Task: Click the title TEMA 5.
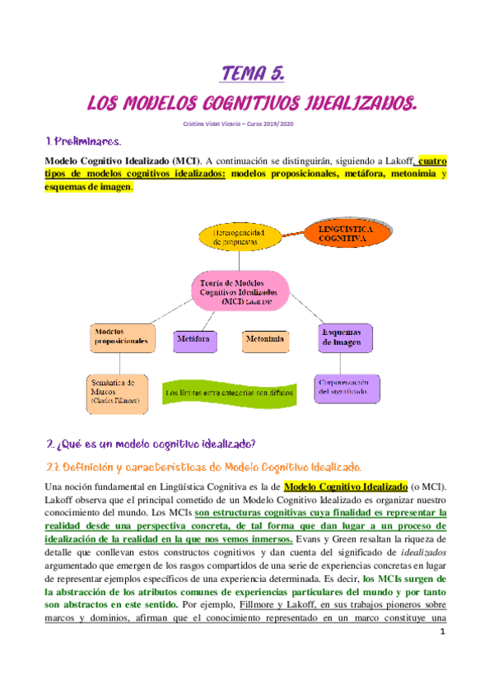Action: point(253,75)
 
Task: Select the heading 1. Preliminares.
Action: point(85,142)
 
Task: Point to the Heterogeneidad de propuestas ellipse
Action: point(246,236)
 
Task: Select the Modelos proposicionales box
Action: point(121,338)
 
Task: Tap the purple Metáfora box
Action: point(193,338)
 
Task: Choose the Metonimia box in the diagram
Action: point(264,338)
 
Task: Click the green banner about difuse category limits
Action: point(228,393)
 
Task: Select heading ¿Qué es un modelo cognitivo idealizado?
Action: point(150,444)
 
